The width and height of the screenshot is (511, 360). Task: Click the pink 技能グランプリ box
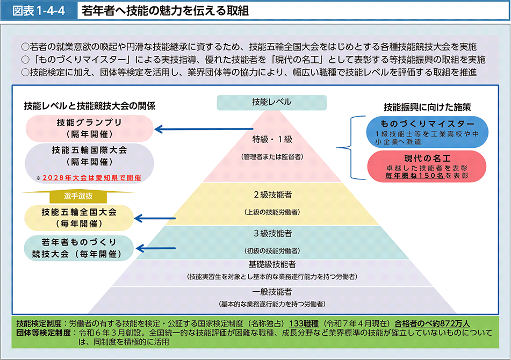[89, 128]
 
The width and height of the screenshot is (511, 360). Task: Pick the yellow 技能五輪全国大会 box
[79, 218]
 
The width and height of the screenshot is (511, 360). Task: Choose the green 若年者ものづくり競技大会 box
[79, 248]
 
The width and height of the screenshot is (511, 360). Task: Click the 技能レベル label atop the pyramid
[272, 102]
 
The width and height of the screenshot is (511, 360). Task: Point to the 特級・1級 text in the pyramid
[272, 139]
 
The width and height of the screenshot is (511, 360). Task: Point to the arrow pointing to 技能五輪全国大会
[155, 218]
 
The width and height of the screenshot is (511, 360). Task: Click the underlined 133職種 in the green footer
[304, 323]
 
